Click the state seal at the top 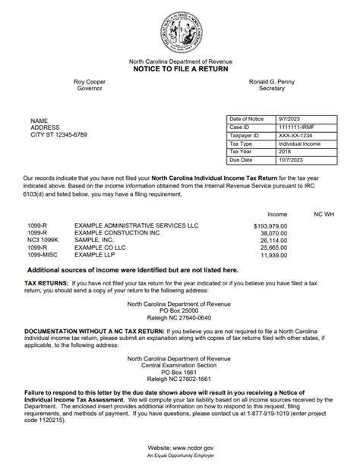[181, 30]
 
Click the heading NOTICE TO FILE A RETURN [180, 69]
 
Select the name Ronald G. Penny [272, 81]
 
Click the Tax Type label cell [243, 143]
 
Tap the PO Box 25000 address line [180, 310]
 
